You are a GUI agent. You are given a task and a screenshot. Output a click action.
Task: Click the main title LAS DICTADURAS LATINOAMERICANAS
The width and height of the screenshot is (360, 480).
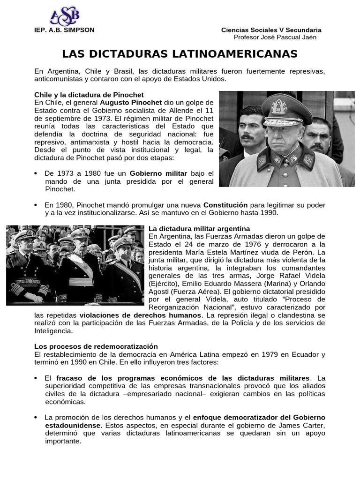(x=180, y=54)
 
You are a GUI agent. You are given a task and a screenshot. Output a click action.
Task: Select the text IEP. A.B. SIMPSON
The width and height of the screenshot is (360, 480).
(x=64, y=30)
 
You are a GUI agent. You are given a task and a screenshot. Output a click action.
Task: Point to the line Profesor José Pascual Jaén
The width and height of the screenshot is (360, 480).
(x=275, y=37)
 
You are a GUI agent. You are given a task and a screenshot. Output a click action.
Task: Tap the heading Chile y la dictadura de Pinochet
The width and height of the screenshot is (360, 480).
(x=82, y=95)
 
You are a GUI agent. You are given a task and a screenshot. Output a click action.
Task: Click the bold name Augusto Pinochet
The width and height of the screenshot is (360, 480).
(x=131, y=102)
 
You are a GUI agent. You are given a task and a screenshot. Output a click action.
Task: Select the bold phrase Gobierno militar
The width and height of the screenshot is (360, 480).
(x=158, y=173)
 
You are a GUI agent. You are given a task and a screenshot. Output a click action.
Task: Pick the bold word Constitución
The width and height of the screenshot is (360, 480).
(x=225, y=205)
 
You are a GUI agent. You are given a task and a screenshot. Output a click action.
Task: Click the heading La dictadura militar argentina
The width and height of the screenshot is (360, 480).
(x=196, y=228)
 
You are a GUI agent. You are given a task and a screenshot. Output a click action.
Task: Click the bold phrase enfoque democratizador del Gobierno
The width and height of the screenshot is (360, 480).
(x=259, y=417)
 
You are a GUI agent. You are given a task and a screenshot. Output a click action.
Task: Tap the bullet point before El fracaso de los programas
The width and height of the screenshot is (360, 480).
(x=36, y=378)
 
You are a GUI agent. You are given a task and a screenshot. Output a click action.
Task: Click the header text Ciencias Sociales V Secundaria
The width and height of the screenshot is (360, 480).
(x=271, y=30)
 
